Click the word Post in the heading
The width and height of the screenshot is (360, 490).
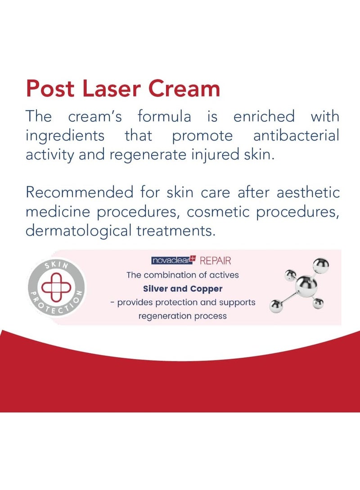[51, 89]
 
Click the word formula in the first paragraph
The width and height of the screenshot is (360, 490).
[164, 116]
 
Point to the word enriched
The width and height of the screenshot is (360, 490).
[264, 116]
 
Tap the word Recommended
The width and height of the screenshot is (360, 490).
[79, 192]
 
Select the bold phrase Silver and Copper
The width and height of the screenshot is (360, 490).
[182, 289]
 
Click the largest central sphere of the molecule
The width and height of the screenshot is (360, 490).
[306, 284]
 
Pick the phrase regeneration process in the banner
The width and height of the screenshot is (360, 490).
[183, 316]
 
